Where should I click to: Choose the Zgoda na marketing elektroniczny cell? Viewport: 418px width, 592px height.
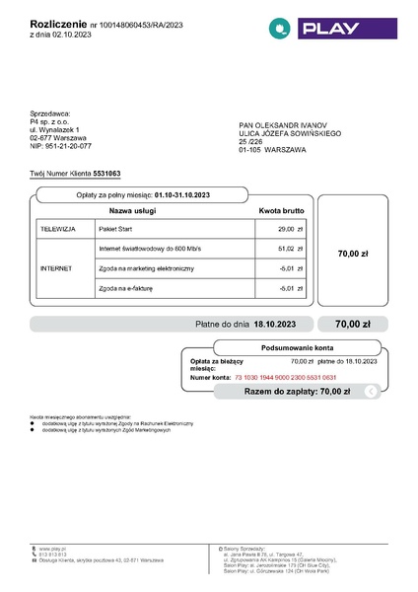[x=147, y=268]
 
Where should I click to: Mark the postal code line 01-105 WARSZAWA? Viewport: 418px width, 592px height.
[x=273, y=149]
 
